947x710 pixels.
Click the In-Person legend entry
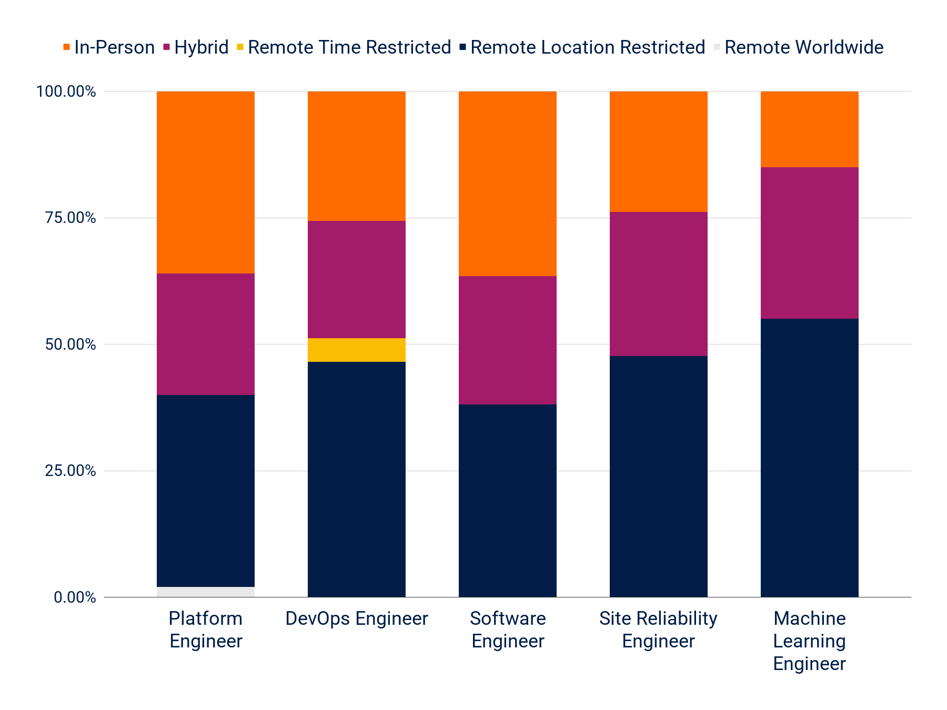[x=109, y=47]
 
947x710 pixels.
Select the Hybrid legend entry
[x=196, y=47]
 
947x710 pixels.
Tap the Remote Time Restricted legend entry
[x=344, y=47]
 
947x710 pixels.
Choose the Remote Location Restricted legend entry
[x=582, y=47]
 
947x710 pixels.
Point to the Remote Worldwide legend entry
[x=798, y=47]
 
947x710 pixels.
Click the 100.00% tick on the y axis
[x=66, y=92]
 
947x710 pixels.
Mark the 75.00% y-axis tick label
[x=70, y=218]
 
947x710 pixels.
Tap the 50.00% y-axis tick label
[x=70, y=344]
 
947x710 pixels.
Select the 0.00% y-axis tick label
[x=75, y=597]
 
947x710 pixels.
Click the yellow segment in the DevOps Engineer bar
[x=357, y=350]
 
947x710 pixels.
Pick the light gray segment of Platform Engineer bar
[x=206, y=592]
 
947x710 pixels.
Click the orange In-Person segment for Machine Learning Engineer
[x=810, y=129]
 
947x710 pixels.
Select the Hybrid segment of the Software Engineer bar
[x=508, y=340]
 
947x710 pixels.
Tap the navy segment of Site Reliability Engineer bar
[x=659, y=476]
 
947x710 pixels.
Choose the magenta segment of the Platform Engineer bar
[x=206, y=334]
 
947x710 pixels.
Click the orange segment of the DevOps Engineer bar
[x=357, y=156]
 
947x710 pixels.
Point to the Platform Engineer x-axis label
[x=206, y=630]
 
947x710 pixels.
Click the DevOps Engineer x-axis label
[x=357, y=618]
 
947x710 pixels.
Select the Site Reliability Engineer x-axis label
[x=659, y=630]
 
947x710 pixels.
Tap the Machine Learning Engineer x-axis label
[x=810, y=641]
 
